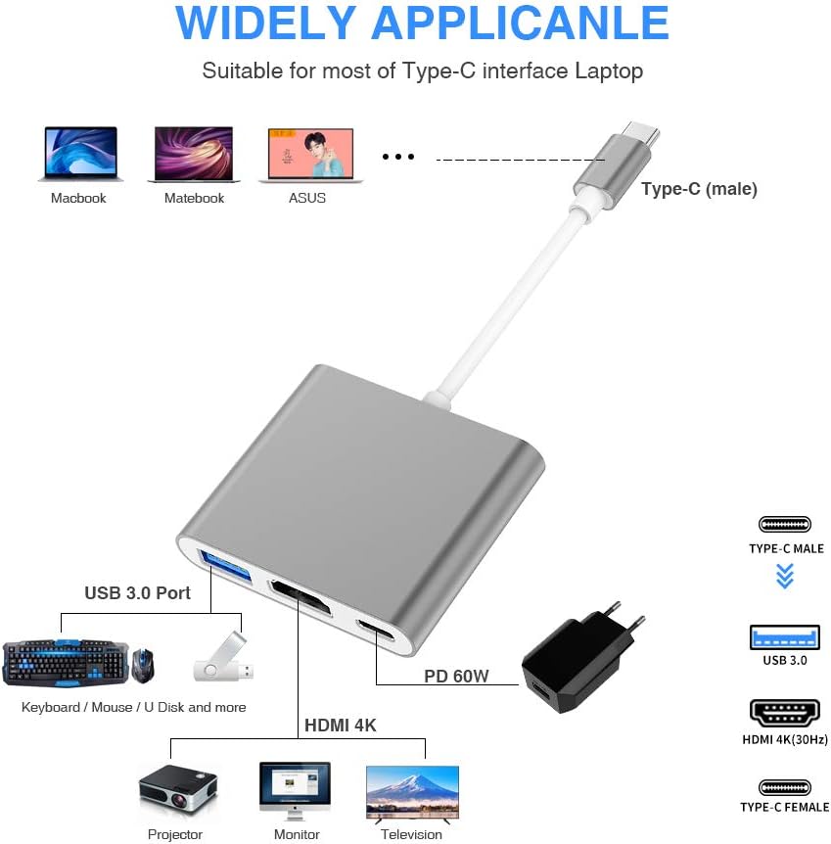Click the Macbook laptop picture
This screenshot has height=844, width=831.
80,154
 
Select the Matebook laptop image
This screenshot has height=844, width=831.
194,154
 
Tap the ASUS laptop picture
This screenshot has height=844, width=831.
309,154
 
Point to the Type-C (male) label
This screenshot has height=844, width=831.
699,189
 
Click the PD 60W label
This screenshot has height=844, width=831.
456,676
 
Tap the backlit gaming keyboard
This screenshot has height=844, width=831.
65,662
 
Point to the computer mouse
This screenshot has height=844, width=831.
144,664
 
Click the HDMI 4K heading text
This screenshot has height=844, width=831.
340,726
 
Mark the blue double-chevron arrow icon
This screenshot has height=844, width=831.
784,576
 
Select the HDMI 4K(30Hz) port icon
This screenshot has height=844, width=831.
784,713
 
